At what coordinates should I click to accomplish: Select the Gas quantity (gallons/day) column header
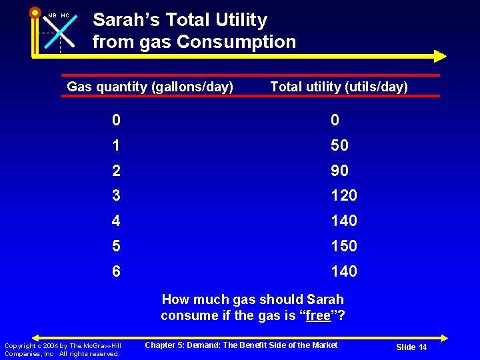coord(150,87)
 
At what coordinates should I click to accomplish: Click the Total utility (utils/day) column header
coord(339,87)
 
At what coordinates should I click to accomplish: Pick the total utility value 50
coord(339,145)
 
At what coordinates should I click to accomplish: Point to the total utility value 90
coord(339,171)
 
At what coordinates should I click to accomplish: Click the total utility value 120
coord(343,195)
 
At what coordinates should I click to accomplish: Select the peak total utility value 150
coord(343,246)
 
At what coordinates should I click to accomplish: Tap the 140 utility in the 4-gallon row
coord(343,221)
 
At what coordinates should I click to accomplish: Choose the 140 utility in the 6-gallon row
coord(343,271)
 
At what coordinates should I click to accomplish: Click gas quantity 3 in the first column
coord(117,195)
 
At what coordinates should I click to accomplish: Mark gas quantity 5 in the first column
coord(117,246)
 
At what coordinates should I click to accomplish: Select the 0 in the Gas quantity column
coord(117,120)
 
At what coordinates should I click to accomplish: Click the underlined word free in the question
coord(318,315)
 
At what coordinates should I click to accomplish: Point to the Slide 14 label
coord(411,347)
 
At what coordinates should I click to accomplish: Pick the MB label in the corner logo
coord(52,15)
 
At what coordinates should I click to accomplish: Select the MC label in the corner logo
coord(65,15)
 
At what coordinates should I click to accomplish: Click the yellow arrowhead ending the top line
coord(439,56)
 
